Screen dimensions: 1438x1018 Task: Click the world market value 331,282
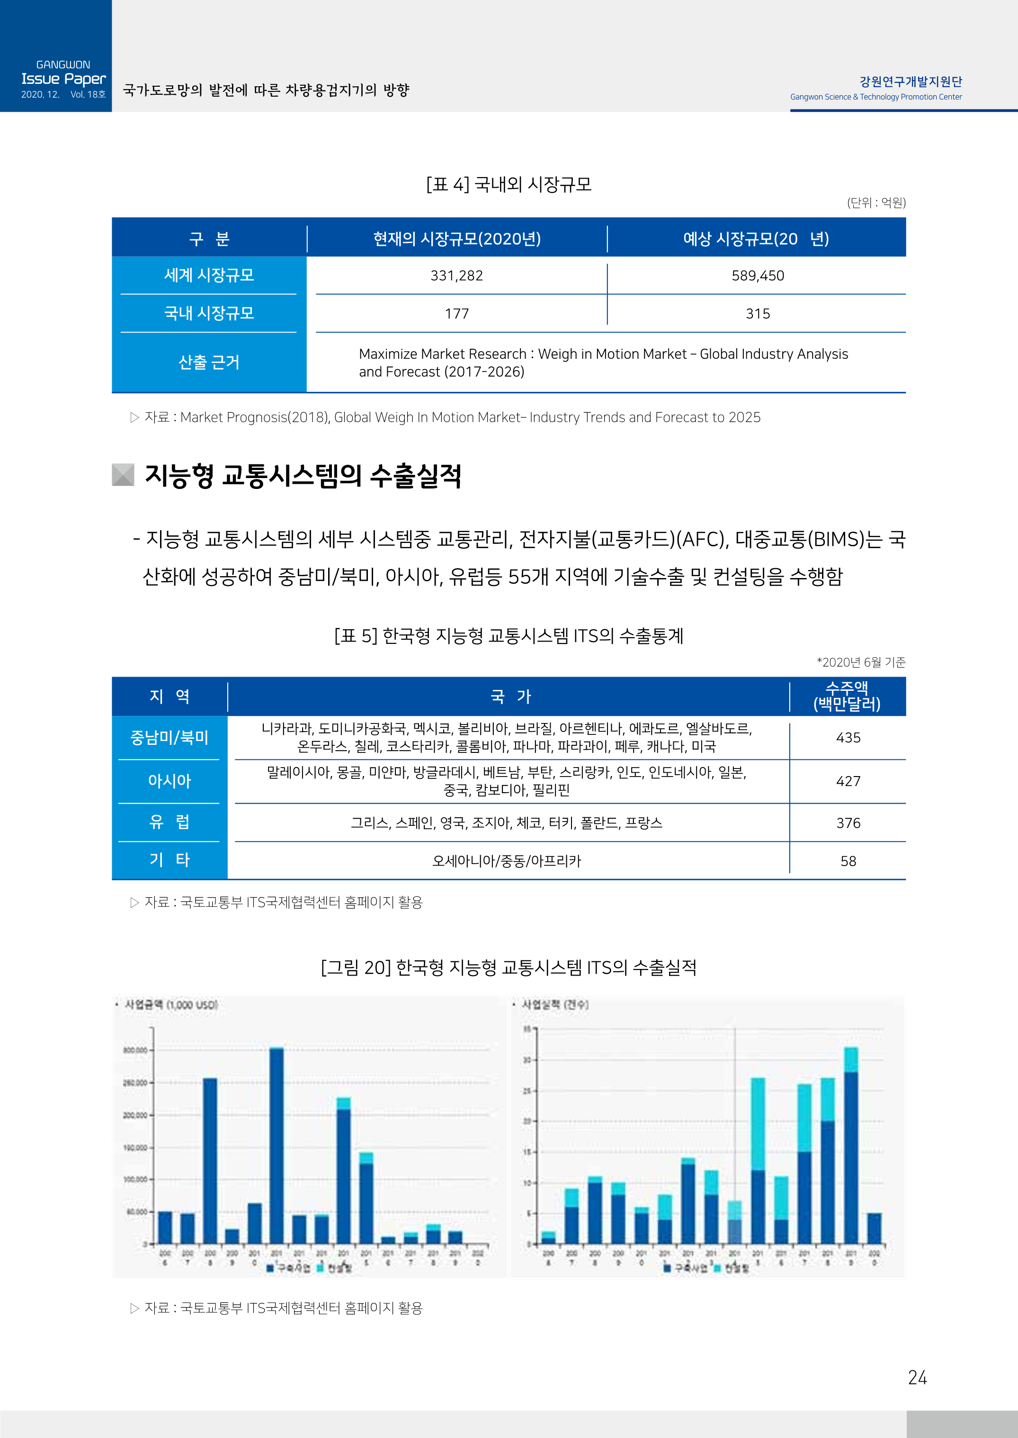pos(456,276)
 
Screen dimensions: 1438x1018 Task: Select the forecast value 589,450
pos(757,276)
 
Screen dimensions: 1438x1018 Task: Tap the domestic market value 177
pos(456,314)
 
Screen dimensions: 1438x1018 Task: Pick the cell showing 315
pos(757,314)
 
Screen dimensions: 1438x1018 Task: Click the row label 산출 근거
pos(209,362)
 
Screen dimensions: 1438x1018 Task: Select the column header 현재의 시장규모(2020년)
pos(456,239)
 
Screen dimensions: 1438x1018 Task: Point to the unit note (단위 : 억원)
pos(875,203)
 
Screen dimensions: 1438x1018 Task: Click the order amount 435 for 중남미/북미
pos(848,738)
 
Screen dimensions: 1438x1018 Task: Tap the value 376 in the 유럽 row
pos(848,823)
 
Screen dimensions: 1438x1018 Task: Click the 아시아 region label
pos(169,781)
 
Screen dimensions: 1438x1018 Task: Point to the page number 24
pos(917,1377)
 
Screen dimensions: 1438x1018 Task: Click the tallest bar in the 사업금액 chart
pos(277,1145)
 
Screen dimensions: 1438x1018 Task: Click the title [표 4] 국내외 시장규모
pos(509,184)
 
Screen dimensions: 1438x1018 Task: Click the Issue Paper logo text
pos(63,79)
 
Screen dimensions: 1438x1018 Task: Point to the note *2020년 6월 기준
pos(861,662)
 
